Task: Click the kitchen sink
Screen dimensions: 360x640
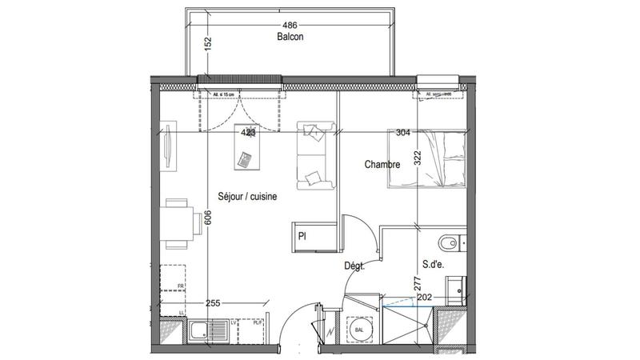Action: (x=199, y=329)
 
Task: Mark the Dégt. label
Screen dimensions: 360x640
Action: (x=355, y=267)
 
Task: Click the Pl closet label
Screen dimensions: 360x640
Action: (x=303, y=237)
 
